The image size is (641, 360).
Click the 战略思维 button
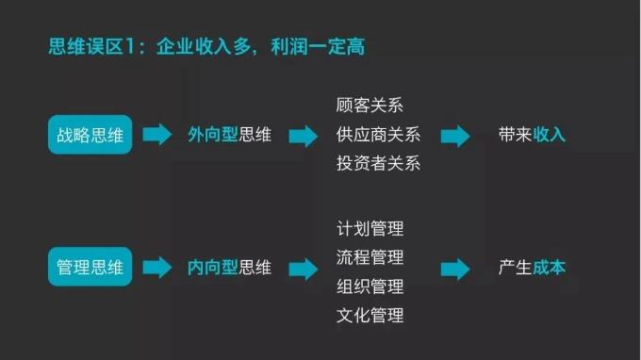[x=90, y=135]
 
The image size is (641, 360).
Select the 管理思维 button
[x=90, y=268]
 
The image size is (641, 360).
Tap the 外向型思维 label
[x=229, y=135]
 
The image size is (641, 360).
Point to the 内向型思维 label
[x=229, y=268]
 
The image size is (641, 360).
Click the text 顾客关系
[x=370, y=106]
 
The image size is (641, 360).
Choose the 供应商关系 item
[x=378, y=135]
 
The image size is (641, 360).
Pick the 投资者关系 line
[x=378, y=163]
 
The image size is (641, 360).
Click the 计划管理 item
[x=370, y=229]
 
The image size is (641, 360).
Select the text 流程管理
[x=370, y=257]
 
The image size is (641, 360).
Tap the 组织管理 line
[x=370, y=286]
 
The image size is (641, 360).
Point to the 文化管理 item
[x=370, y=315]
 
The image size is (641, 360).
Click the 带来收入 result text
[x=532, y=135]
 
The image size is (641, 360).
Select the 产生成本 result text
[x=532, y=268]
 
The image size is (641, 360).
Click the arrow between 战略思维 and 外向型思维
[x=157, y=135]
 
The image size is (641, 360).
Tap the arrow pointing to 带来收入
[x=455, y=136]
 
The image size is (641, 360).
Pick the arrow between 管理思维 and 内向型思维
[x=157, y=268]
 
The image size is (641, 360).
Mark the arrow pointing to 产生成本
[x=455, y=269]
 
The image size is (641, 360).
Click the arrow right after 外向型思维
[x=304, y=136]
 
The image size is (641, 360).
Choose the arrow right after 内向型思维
[x=304, y=269]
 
